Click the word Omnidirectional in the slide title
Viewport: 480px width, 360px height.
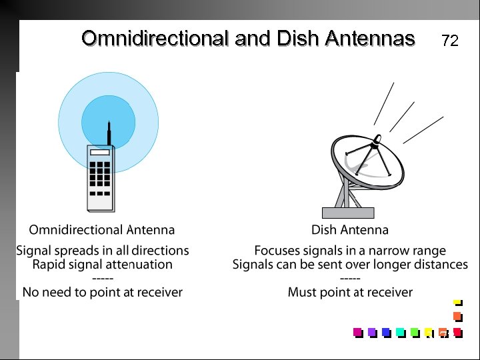tap(155, 39)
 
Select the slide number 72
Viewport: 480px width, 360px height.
tap(450, 41)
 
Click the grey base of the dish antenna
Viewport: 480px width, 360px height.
tap(348, 213)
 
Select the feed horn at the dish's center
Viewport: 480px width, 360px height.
tap(375, 141)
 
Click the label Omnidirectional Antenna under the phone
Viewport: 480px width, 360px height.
tap(102, 230)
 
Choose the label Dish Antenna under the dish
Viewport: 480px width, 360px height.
tap(350, 230)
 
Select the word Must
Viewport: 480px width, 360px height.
tap(302, 292)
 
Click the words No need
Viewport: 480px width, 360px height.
tap(47, 292)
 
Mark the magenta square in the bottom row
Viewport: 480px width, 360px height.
tap(357, 332)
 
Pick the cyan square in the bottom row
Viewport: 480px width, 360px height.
tap(400, 332)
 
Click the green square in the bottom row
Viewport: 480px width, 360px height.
tap(414, 332)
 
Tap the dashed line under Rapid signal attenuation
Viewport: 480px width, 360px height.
tap(102, 278)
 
